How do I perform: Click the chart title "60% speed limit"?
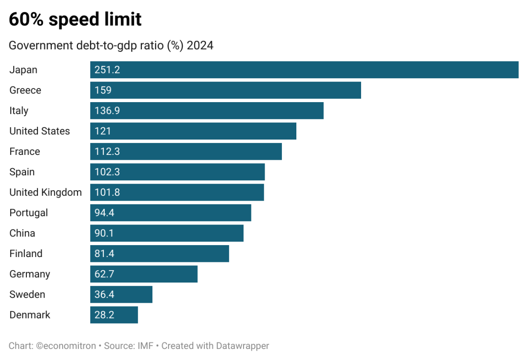pos(75,20)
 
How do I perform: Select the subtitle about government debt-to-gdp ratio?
pos(111,46)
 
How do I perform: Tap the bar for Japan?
pos(304,70)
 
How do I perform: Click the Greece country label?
pos(26,90)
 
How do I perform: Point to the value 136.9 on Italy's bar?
pos(107,111)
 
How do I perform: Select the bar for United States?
pos(193,131)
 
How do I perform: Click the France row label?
pos(25,151)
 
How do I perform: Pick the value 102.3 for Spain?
pos(107,172)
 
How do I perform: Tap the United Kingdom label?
pos(45,192)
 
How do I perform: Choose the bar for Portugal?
pos(170,213)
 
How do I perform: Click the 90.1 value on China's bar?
pos(104,233)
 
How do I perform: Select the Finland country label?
pos(26,253)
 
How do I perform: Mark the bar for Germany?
pos(144,274)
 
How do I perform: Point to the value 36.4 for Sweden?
pos(104,294)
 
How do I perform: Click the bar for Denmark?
pos(114,315)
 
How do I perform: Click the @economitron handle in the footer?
pos(66,346)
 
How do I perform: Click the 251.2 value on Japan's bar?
pos(107,70)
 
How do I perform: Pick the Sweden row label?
pos(27,294)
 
